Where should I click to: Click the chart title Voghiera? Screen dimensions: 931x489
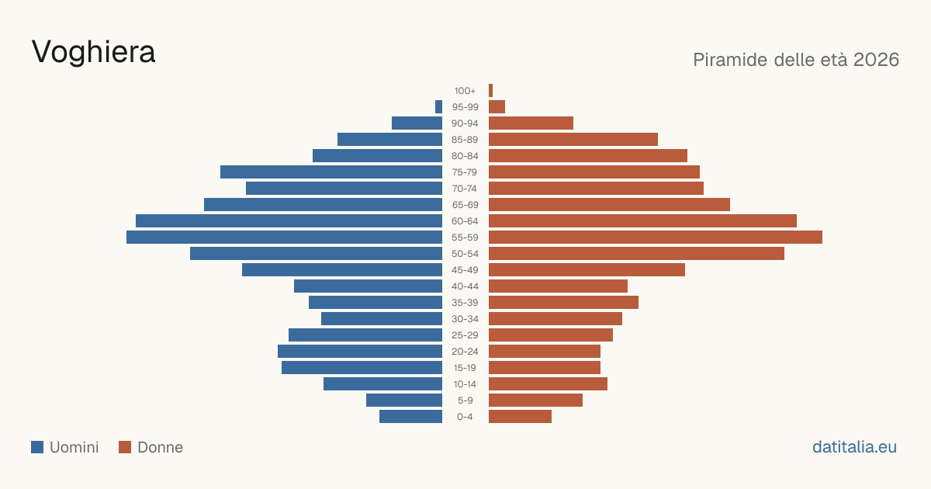pos(94,52)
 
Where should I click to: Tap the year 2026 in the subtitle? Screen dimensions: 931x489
pos(876,60)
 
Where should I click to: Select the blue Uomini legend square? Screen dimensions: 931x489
pos(37,447)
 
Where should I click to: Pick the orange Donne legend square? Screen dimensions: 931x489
pos(125,447)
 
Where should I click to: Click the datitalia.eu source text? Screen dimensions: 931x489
pos(854,447)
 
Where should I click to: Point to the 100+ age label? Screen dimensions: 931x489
pos(465,91)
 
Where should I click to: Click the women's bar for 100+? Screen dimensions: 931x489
pos(490,90)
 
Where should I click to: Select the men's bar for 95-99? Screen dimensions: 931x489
pos(438,107)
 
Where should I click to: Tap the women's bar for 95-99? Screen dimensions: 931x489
pos(497,107)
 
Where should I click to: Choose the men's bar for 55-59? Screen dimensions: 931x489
pos(284,237)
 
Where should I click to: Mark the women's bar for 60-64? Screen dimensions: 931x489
pos(642,220)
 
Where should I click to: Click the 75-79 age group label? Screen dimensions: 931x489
pos(465,172)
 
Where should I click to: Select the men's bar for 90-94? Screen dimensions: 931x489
pos(417,123)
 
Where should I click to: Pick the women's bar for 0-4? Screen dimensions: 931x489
pos(520,416)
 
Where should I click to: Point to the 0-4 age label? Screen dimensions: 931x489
pos(465,417)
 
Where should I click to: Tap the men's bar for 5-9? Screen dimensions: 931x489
pos(404,400)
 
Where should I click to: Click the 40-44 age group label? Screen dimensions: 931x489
pos(465,286)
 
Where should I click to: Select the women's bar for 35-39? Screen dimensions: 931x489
pos(563,302)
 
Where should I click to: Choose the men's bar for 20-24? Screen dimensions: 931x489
pos(360,352)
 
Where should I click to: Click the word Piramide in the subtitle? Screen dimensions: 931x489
pos(731,60)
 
